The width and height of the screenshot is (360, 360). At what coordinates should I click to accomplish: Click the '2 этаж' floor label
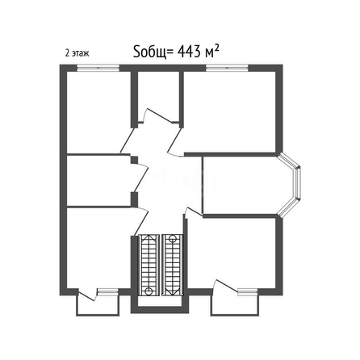77,53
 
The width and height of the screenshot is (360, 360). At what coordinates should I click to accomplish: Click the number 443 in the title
189,51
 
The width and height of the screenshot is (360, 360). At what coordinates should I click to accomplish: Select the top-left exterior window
98,68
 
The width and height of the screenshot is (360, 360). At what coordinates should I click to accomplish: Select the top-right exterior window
227,68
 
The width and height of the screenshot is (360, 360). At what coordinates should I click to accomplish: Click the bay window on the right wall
289,184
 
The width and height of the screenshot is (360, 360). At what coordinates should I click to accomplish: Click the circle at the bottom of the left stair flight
148,291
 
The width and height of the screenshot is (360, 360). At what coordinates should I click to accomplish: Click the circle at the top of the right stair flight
173,238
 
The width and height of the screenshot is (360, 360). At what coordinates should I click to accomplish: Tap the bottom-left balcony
98,305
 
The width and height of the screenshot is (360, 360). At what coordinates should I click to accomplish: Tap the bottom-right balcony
235,305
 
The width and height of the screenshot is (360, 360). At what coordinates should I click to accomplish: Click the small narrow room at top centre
158,97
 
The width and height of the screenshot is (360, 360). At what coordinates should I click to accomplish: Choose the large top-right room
229,111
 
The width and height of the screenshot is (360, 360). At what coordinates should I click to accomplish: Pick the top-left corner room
98,112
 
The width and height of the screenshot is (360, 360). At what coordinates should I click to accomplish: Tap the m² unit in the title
211,51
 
